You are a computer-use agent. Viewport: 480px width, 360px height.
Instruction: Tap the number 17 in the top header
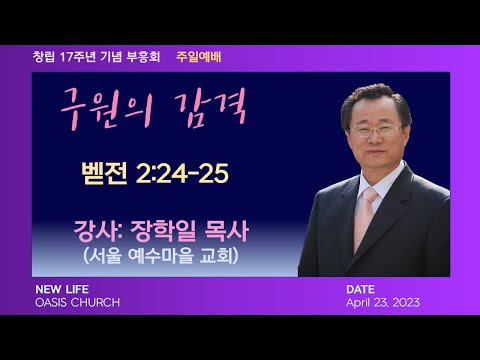pyautogui.click(x=66, y=57)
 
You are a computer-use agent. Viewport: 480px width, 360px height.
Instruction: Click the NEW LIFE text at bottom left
pyautogui.click(x=62, y=289)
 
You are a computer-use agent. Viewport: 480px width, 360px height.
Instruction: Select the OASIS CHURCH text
pyautogui.click(x=76, y=302)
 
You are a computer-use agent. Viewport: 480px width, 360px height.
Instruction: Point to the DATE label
pyautogui.click(x=360, y=289)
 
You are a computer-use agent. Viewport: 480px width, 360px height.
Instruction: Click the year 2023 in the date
pyautogui.click(x=404, y=302)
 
